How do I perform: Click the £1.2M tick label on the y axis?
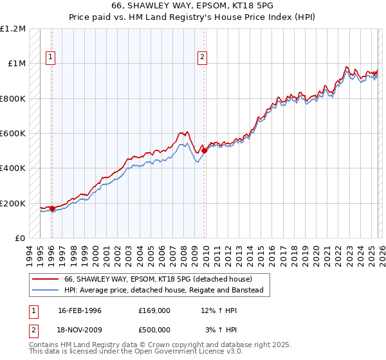[13, 29]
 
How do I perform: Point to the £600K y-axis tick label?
[13, 134]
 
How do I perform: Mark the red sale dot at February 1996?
[52, 208]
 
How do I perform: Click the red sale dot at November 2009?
[204, 150]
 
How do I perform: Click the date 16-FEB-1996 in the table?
[80, 310]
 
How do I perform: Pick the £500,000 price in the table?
[154, 329]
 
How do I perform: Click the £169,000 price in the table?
[154, 310]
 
